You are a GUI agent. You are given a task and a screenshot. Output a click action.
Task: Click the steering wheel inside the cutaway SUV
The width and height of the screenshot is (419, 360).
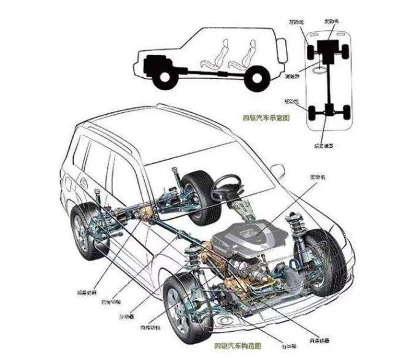point(228,188)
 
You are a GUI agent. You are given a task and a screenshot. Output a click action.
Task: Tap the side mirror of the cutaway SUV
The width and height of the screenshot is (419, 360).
point(278,171)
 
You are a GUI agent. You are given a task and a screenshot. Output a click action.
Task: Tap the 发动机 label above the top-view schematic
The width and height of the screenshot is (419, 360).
point(331,21)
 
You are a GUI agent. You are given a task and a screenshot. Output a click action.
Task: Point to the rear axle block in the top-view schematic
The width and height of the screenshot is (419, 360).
point(330,111)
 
